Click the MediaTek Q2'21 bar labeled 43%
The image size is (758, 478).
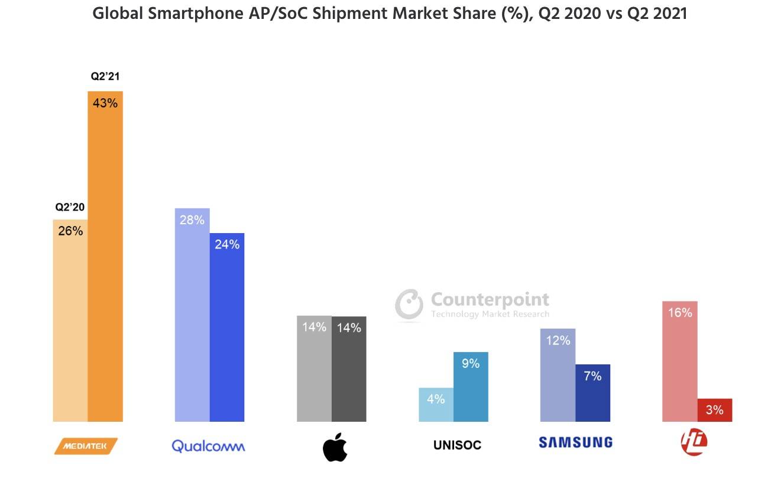(105, 256)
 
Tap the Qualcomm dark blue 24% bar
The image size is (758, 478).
(227, 327)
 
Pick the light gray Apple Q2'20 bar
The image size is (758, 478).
(314, 369)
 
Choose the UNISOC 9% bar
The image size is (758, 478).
(471, 387)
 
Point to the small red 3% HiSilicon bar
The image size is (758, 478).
(714, 410)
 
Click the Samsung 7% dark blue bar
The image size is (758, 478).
(592, 393)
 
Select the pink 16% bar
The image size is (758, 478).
(680, 361)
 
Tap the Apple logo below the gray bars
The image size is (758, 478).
(335, 447)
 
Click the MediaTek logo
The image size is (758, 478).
(86, 446)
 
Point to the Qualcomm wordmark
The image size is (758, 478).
(208, 445)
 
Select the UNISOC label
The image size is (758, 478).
(457, 445)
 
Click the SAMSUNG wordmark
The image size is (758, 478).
(575, 442)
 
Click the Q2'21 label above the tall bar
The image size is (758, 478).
(105, 77)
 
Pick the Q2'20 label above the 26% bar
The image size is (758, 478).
(70, 208)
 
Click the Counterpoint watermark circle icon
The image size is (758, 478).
(409, 305)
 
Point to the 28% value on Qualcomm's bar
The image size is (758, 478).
(192, 220)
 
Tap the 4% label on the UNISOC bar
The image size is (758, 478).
(436, 399)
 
